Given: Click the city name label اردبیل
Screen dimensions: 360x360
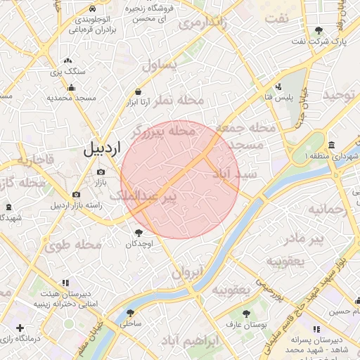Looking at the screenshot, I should (103, 148).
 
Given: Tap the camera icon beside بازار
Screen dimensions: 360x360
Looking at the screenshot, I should (101, 172).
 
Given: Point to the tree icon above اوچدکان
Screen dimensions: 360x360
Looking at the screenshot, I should (138, 233).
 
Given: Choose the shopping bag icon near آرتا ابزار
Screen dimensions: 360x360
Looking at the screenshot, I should (138, 91).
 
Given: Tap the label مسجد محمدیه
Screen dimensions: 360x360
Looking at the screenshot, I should (70, 98).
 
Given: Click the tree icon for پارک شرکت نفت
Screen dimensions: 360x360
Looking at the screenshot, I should (319, 30).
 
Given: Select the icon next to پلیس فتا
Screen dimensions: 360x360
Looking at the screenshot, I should (279, 86).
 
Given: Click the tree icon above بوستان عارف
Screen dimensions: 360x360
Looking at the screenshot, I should (245, 314).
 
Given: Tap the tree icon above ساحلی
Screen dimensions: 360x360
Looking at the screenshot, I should (130, 314).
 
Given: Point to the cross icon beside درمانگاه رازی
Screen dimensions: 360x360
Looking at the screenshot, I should (20, 328).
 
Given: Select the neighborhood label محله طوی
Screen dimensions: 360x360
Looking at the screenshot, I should (73, 245).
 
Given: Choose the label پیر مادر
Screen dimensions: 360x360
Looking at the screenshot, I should (308, 239).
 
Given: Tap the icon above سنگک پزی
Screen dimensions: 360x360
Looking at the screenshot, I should (67, 62).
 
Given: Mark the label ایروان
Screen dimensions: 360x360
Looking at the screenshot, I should (188, 272).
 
